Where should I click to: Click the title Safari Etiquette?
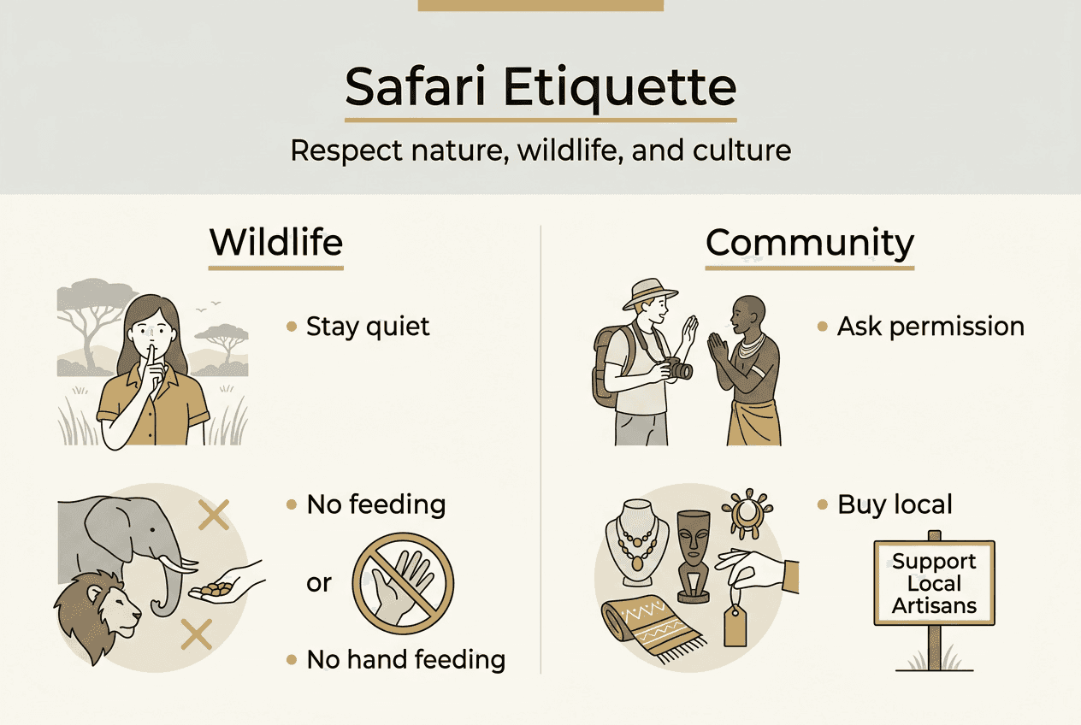click(x=540, y=86)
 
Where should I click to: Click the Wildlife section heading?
click(x=275, y=243)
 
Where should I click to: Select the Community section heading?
click(x=809, y=243)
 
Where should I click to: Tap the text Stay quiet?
click(x=368, y=327)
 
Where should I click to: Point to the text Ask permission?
click(x=930, y=327)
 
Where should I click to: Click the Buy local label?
click(x=894, y=504)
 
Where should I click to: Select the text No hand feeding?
click(x=405, y=659)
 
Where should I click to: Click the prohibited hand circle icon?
click(x=404, y=584)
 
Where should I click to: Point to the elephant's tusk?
click(x=180, y=564)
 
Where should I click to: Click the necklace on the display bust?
click(x=637, y=547)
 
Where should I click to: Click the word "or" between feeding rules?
click(x=319, y=583)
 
